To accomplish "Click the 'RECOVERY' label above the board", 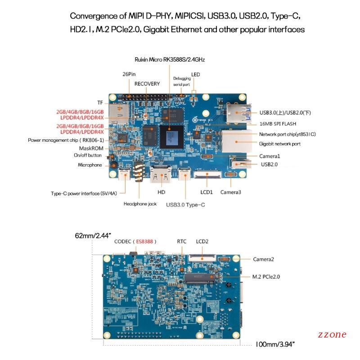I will point(147,84).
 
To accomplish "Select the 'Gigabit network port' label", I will point(279,144).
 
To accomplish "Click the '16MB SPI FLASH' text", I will point(278,123).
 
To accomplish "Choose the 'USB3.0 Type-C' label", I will point(185,205).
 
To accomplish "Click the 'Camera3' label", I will point(230,192).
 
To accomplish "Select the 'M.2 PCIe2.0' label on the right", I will point(266,277).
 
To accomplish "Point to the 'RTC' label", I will point(182,242).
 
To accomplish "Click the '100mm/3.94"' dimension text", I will point(274,344).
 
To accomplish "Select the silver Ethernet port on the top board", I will point(234,142).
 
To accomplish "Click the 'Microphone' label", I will point(90,165).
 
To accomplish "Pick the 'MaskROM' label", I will point(92,148).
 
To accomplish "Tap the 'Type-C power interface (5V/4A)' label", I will point(84,194).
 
